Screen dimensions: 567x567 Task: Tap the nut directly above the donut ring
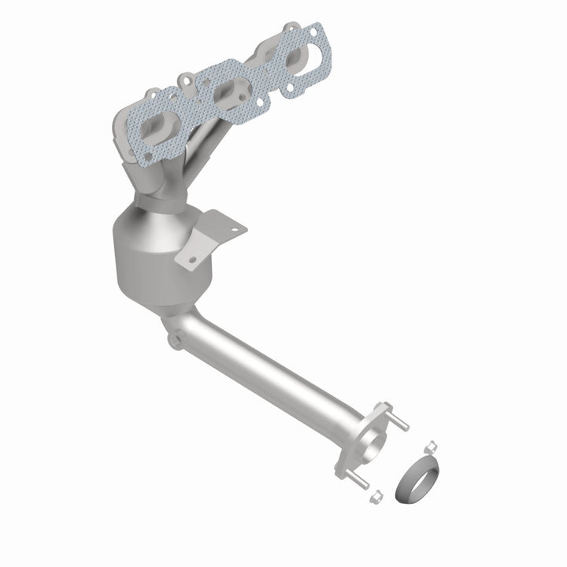431,447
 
